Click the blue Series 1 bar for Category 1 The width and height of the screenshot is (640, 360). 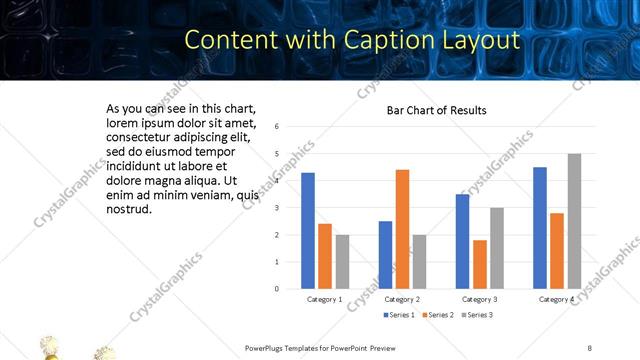click(308, 231)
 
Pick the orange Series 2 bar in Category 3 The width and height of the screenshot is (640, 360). click(480, 264)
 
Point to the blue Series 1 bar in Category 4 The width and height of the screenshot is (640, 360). click(540, 228)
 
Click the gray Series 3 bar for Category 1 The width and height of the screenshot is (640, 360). click(342, 262)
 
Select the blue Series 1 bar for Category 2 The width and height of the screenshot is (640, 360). click(385, 255)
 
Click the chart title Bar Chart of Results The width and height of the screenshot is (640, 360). click(437, 110)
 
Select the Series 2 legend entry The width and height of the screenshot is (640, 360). click(439, 315)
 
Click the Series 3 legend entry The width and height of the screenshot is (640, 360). click(478, 315)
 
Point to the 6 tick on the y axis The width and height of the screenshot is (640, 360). click(276, 127)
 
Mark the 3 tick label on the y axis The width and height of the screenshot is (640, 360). click(276, 208)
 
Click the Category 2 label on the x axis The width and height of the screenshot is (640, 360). click(402, 299)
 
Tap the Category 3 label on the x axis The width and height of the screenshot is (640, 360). click(480, 299)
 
